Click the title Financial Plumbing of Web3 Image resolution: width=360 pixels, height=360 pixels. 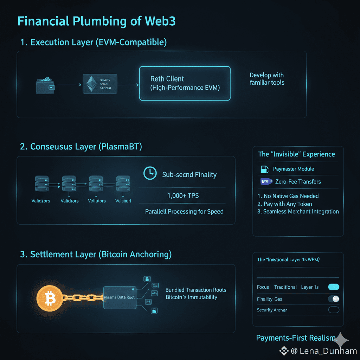point(96,21)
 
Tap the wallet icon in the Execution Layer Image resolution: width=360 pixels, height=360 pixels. point(45,85)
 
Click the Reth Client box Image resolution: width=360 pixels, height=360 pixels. point(185,83)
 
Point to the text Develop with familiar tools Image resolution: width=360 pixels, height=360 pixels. point(267,79)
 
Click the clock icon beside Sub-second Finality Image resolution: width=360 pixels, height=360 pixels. point(150,173)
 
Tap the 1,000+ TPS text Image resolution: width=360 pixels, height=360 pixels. point(183,195)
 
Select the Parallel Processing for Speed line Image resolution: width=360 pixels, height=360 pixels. point(184,212)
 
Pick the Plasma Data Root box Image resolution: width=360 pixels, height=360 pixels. point(120,297)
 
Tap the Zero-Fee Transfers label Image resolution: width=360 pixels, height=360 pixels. point(298,182)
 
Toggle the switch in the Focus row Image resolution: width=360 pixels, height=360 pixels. point(334,287)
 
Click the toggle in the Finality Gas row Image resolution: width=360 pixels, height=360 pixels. point(334,299)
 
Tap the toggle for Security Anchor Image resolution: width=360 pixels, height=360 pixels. point(334,310)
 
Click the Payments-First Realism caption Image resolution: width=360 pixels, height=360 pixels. point(296,338)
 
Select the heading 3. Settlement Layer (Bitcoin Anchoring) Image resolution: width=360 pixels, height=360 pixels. point(96,255)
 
